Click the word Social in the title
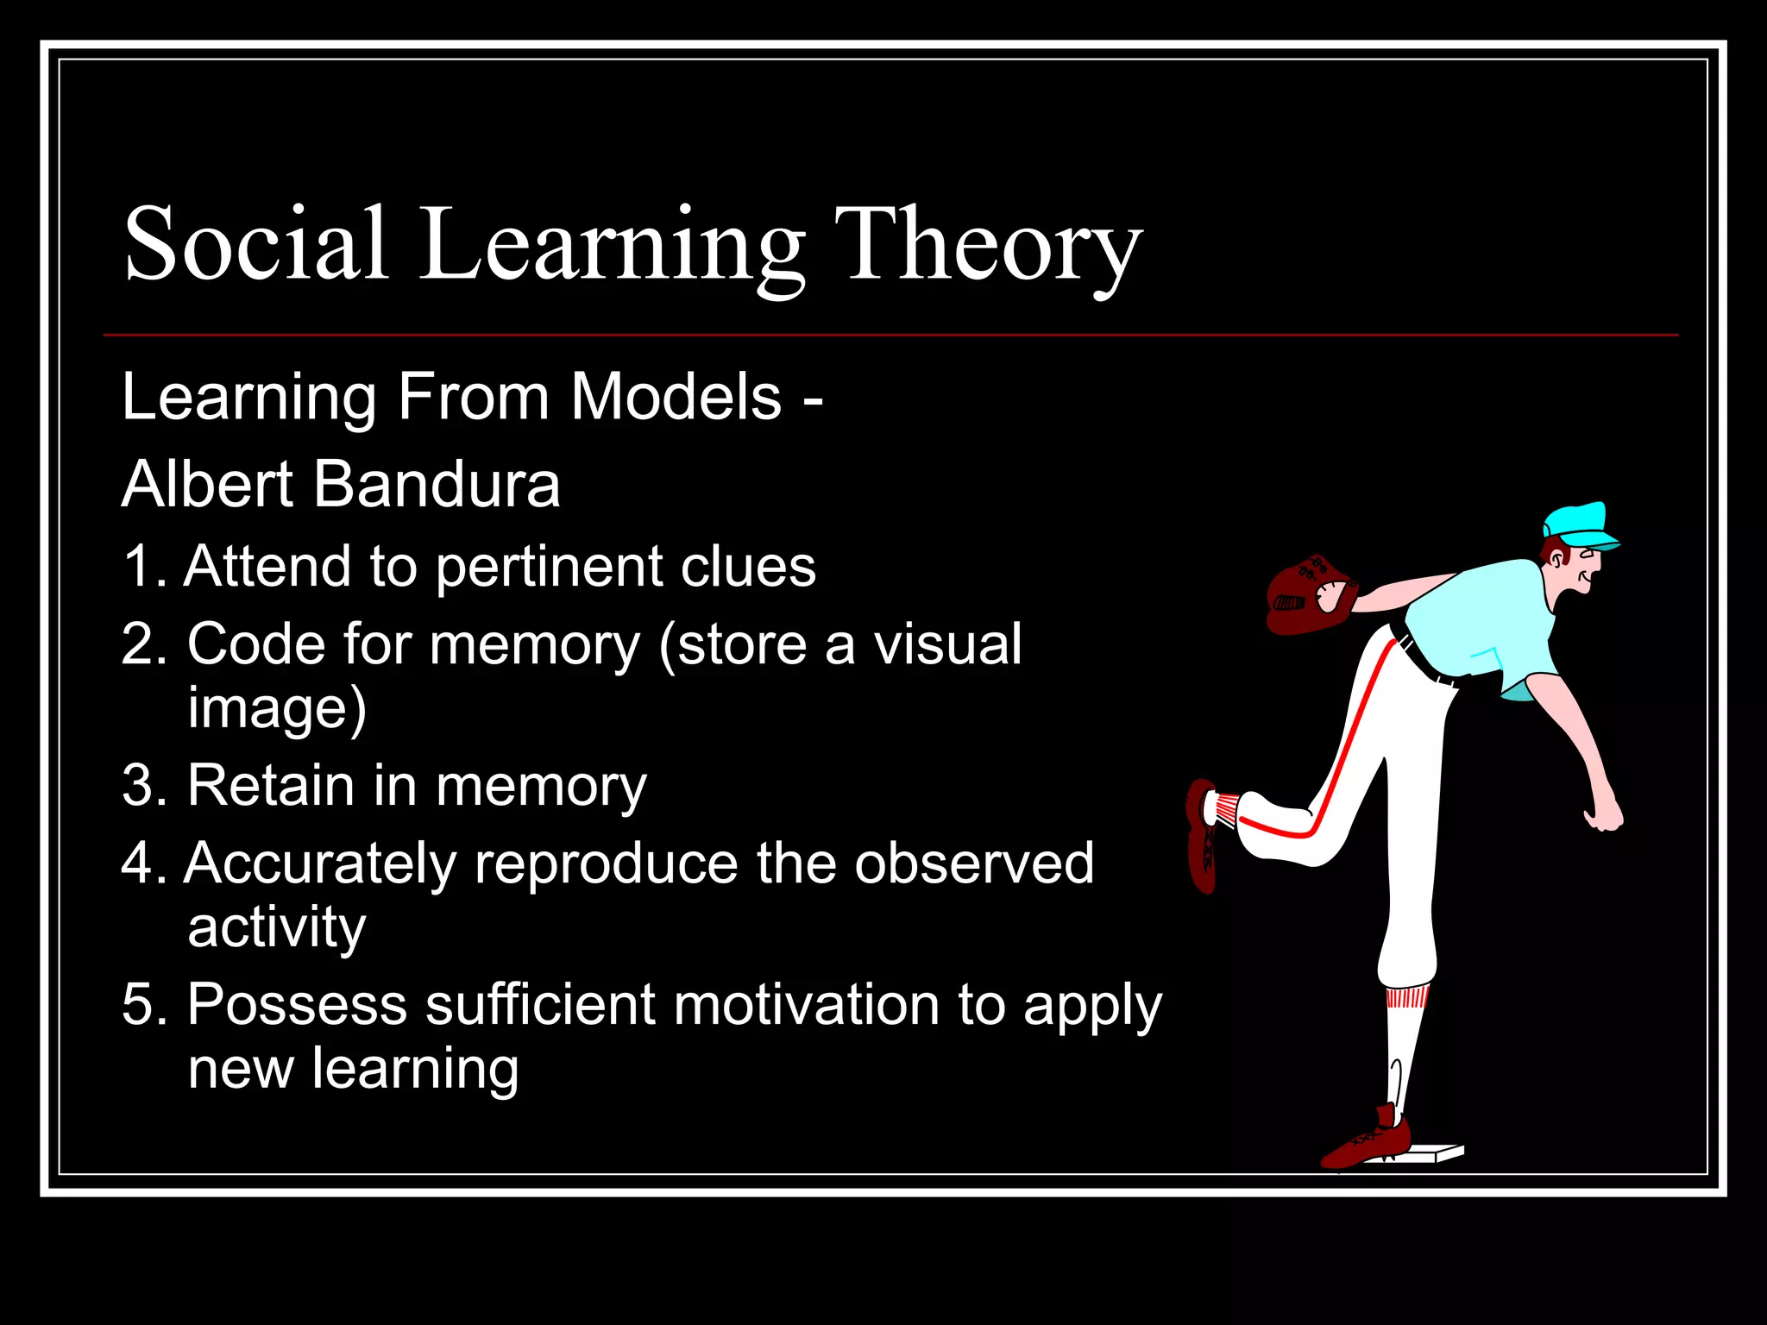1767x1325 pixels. pyautogui.click(x=255, y=244)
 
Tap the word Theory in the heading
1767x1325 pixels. pyautogui.click(x=987, y=246)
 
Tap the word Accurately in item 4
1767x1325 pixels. pyautogui.click(x=319, y=863)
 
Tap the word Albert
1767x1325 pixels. pyautogui.click(x=208, y=484)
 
